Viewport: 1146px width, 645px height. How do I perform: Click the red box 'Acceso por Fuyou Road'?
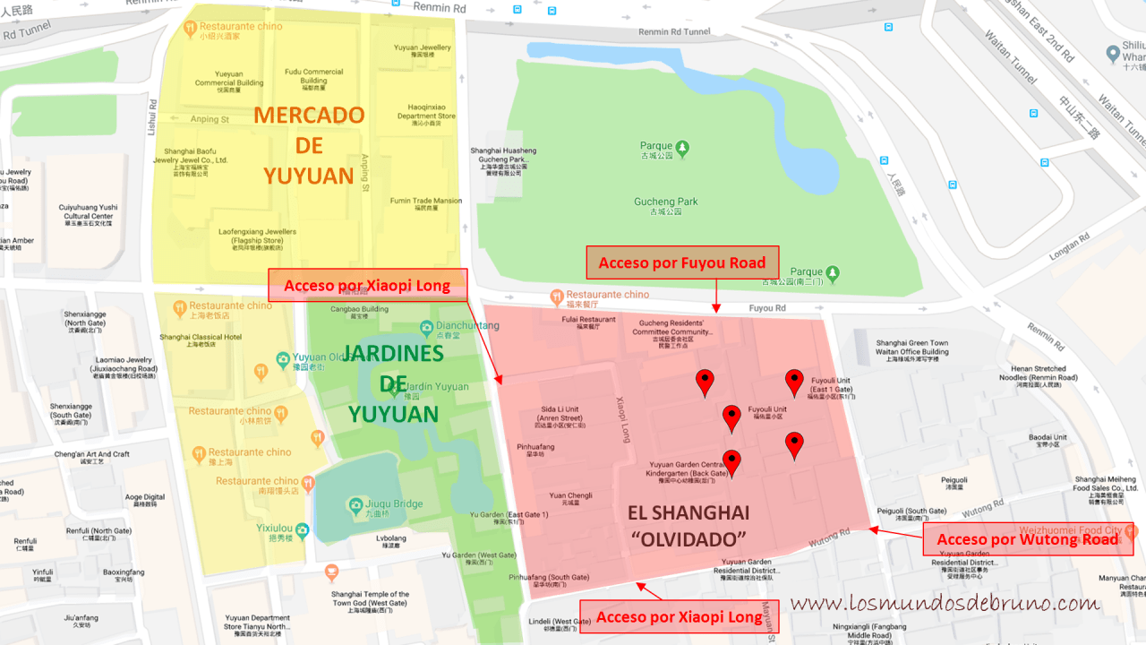tap(682, 262)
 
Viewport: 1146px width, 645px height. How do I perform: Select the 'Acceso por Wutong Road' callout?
tap(1028, 538)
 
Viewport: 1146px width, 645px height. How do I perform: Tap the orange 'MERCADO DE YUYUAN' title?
tap(309, 145)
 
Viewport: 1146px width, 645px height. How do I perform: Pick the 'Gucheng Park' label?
tap(665, 202)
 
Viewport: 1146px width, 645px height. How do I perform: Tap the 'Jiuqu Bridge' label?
tap(395, 503)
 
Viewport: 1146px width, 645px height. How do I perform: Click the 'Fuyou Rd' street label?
tap(767, 307)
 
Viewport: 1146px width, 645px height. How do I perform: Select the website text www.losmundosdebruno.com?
tap(944, 603)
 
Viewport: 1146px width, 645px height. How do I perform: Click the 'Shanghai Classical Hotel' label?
tap(201, 337)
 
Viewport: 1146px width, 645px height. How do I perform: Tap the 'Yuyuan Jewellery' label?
tap(423, 47)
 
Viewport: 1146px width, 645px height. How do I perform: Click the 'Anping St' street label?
tap(210, 119)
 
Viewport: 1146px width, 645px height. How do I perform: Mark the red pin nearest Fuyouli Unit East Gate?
tap(794, 382)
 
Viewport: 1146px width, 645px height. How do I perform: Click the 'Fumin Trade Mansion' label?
tap(426, 201)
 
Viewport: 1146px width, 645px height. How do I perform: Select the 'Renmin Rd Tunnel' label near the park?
tap(674, 31)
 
